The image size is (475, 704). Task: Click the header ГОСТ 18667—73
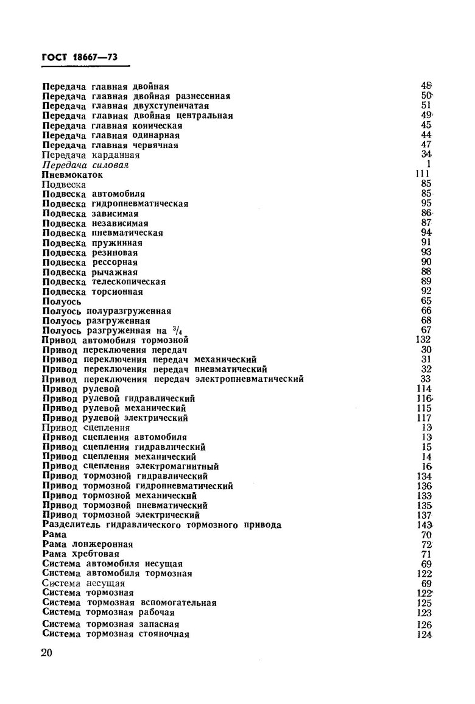click(x=79, y=57)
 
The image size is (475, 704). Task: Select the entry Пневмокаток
click(x=72, y=174)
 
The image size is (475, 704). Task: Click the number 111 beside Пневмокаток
click(x=423, y=174)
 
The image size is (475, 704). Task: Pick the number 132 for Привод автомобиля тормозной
click(x=423, y=339)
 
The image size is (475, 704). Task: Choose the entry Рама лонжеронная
click(x=88, y=544)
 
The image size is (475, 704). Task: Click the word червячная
click(x=155, y=145)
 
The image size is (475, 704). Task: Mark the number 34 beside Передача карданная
click(x=426, y=155)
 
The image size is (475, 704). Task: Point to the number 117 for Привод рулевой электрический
click(x=423, y=418)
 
